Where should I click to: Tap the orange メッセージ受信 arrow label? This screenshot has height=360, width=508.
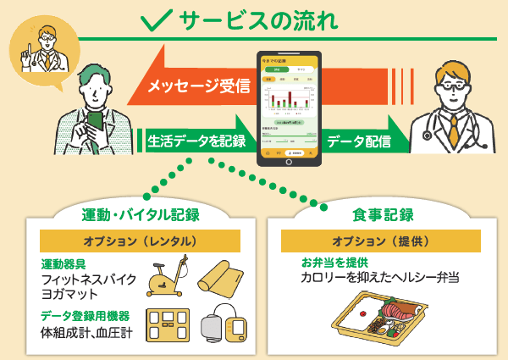point(199,86)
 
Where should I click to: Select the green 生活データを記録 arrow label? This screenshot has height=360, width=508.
point(196,141)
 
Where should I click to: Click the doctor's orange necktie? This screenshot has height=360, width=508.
point(454,127)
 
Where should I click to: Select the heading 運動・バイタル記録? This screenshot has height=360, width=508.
point(141,213)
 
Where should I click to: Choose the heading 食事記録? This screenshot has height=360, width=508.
point(382,213)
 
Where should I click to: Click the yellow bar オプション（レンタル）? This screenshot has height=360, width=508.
point(141,241)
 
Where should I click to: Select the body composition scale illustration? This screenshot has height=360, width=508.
point(169,325)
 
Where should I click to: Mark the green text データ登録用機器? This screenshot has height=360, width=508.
point(86,315)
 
